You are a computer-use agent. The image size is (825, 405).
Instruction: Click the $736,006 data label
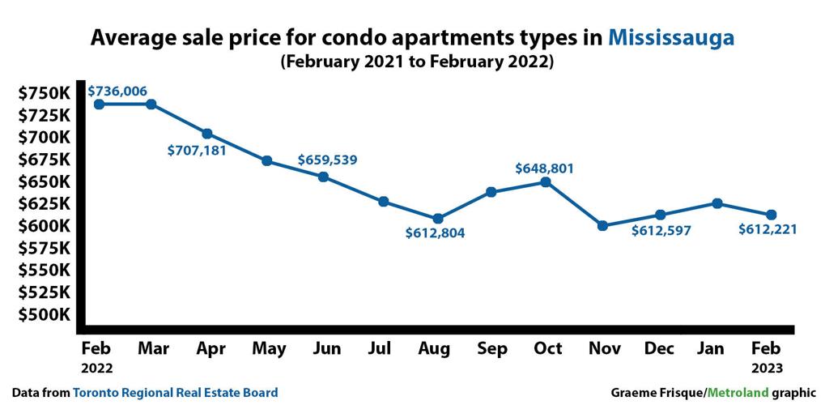click(x=117, y=91)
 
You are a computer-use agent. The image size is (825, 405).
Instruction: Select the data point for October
click(x=546, y=182)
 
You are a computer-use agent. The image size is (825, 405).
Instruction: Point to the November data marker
click(x=602, y=226)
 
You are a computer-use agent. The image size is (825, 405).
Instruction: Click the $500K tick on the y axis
click(x=45, y=314)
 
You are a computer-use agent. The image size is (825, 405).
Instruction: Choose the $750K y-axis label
click(x=45, y=93)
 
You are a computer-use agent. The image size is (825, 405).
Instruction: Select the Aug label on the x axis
click(x=436, y=349)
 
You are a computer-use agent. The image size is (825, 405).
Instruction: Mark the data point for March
click(x=151, y=104)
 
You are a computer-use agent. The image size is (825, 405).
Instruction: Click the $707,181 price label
click(x=197, y=150)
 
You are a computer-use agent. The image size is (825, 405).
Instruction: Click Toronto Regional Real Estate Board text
click(x=176, y=393)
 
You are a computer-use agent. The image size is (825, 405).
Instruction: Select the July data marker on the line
click(x=384, y=202)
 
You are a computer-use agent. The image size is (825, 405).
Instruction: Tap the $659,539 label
click(x=327, y=160)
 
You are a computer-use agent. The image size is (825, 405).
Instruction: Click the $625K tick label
click(x=45, y=203)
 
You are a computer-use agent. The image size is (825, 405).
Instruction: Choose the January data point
click(x=717, y=203)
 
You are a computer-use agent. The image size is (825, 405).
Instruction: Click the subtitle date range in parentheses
click(x=417, y=62)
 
